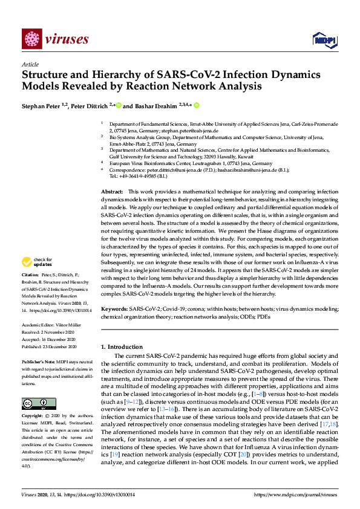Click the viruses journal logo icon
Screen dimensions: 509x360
(x=31, y=39)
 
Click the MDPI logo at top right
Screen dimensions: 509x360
(x=324, y=40)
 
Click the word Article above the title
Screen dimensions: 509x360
(x=30, y=64)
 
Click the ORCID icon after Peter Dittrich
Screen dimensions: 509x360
(x=119, y=104)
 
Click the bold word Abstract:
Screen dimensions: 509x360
(x=112, y=191)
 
